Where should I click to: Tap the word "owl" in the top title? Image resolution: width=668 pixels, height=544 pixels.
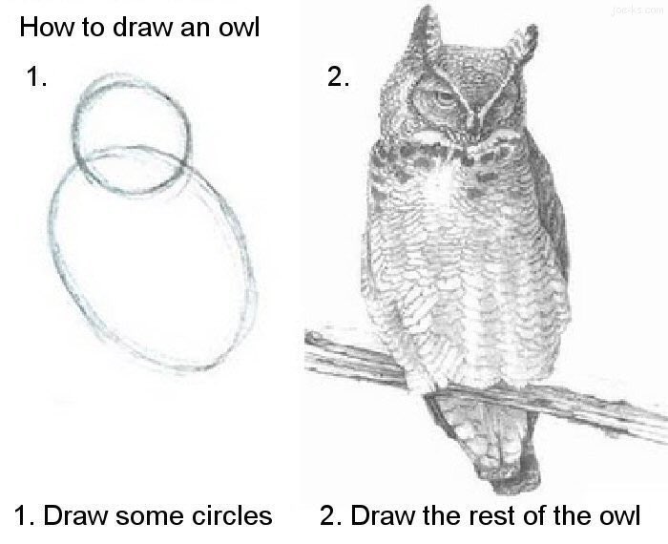[x=239, y=27]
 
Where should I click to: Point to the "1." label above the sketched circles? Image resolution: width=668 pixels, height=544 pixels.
[x=36, y=76]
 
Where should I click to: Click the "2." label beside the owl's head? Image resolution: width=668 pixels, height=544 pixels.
[x=339, y=76]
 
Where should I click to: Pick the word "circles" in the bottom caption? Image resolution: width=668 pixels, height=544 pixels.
[x=231, y=515]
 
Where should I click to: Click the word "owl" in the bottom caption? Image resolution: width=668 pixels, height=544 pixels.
[x=620, y=515]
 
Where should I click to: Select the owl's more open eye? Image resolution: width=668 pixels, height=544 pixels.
[x=443, y=98]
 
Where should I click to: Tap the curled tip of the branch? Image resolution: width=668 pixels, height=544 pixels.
[x=314, y=338]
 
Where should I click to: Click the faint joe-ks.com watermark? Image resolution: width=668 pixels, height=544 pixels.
[x=637, y=10]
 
